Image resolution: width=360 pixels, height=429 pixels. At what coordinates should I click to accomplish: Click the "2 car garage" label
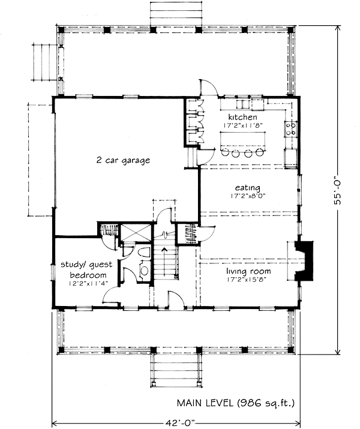coord(123,160)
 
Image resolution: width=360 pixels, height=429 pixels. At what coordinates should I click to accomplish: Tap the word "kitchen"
coord(242,117)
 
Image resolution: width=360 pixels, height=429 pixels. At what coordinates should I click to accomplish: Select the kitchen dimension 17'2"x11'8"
coord(243,125)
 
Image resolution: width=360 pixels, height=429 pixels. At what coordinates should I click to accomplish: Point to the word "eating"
coord(248,188)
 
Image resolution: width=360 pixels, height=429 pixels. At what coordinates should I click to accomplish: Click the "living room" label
coord(248,271)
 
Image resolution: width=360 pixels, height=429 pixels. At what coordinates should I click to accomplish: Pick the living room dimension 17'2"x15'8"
coord(247,280)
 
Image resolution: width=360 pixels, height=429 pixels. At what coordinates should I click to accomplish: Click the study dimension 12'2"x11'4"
coord(89,284)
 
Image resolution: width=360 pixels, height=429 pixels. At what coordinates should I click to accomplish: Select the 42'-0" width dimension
coord(180,423)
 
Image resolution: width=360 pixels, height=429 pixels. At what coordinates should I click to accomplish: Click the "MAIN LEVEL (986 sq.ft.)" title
coord(236,403)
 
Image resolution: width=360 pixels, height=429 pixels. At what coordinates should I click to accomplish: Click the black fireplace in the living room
coord(304,261)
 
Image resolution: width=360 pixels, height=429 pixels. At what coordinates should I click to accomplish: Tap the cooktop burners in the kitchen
coord(291,129)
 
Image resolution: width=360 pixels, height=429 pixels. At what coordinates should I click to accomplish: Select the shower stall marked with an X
coord(136,233)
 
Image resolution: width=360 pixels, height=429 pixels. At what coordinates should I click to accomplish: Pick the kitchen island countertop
coord(243,140)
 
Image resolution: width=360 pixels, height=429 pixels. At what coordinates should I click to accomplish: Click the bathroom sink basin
coord(144,271)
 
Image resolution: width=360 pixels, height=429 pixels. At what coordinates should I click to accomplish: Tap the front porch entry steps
coord(176,370)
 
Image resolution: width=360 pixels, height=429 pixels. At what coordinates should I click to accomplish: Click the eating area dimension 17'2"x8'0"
coord(248,196)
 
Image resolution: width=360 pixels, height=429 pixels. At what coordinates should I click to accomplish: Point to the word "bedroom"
coord(88,275)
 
